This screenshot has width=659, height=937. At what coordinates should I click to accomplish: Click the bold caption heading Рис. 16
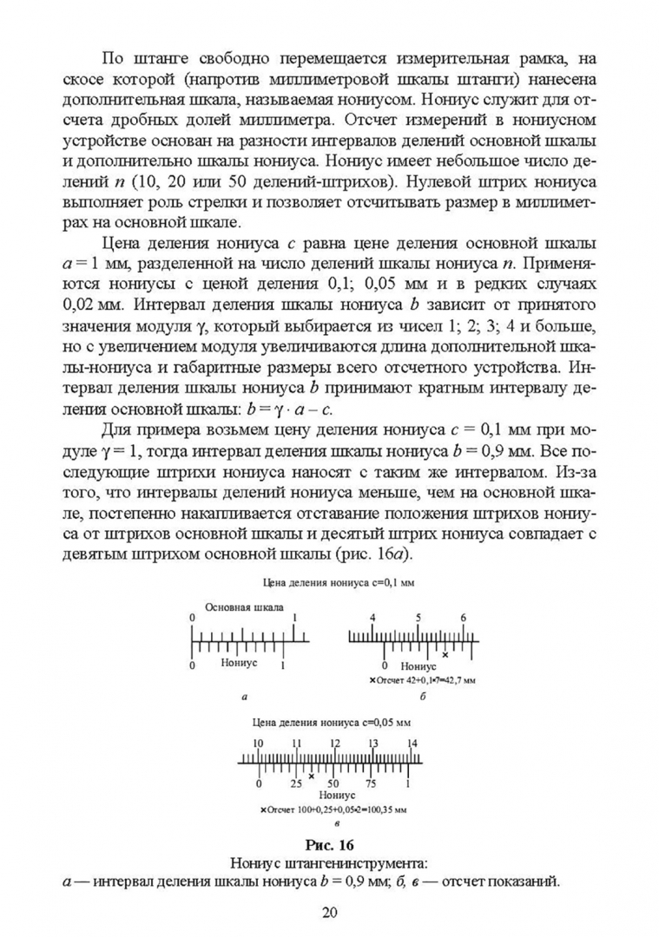pos(330,843)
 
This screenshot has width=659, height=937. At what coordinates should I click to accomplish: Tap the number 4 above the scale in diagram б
pos(372,618)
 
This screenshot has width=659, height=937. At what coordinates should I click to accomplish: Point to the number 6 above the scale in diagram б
pos(464,618)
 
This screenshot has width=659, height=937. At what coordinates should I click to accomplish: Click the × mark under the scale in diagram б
pos(445,654)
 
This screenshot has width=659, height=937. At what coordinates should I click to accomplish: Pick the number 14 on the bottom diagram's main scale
pos(412,744)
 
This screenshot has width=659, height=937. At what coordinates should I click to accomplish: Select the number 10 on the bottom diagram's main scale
pos(258,744)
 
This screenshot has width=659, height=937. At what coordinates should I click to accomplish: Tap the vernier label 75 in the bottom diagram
pos(371,783)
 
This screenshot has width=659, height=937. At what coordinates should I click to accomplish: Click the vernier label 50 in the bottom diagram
pos(333,783)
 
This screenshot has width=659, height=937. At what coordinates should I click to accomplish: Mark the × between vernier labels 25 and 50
pos(312,776)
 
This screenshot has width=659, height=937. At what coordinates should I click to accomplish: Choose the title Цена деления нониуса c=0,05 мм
pos(330,721)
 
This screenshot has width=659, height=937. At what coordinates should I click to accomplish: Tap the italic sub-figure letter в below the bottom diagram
pos(333,822)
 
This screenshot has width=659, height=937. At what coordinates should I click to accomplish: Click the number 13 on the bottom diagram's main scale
pos(372,744)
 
